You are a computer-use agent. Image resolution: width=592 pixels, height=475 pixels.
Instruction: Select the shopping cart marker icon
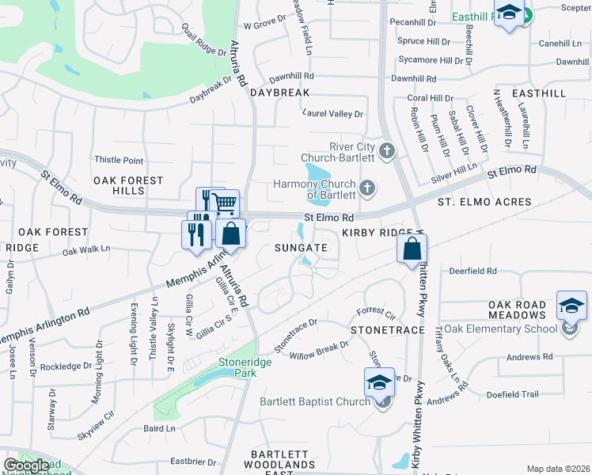(x=226, y=203)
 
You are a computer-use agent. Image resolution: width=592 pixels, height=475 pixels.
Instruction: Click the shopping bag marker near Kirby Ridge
(x=412, y=249)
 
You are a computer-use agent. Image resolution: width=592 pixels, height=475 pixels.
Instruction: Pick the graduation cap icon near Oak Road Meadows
(x=571, y=306)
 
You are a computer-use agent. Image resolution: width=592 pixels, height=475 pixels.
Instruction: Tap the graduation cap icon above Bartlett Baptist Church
(x=379, y=383)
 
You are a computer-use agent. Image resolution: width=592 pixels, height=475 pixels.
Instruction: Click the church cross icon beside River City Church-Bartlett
(x=387, y=150)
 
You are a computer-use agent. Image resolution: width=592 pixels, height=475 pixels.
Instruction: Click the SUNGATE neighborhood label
(x=301, y=248)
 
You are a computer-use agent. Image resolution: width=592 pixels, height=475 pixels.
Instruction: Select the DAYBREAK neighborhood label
(x=279, y=93)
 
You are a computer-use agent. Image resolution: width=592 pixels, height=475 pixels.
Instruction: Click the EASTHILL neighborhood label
(x=539, y=93)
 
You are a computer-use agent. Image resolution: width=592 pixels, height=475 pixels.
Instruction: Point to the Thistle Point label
(x=119, y=161)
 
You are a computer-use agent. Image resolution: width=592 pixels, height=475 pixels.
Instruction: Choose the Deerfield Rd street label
(x=472, y=271)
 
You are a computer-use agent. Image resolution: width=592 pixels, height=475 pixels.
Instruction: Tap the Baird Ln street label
(x=159, y=428)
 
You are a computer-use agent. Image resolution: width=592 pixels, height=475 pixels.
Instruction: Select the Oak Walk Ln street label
(x=86, y=250)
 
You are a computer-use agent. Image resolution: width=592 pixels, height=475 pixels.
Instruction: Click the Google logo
(x=26, y=465)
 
